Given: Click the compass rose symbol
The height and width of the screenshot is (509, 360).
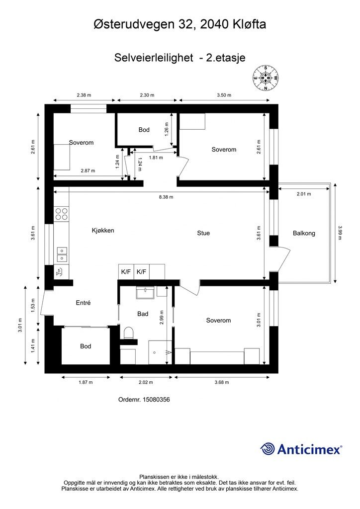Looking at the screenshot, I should point(266,79).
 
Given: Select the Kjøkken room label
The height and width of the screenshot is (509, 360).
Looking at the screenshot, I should point(103,231).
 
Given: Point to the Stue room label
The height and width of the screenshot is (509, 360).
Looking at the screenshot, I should point(203,233).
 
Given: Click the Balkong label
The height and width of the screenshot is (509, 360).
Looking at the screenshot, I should point(304,233).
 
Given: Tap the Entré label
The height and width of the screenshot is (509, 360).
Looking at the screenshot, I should point(83,303).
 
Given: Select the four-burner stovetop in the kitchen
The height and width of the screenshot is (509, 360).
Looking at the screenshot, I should point(62,214).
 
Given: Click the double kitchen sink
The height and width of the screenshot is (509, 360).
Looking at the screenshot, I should point(62,254).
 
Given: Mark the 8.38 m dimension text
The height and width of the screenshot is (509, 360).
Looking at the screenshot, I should point(166,197).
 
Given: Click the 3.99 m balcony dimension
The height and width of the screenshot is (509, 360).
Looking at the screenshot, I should point(340,233).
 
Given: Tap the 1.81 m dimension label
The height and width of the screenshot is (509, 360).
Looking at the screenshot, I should point(156,158).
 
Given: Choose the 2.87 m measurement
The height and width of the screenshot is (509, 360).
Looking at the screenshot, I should point(88,170).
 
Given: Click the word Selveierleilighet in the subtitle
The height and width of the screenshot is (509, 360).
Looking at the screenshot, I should point(154,58).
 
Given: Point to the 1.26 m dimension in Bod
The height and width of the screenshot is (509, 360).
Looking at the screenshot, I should point(167,129).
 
